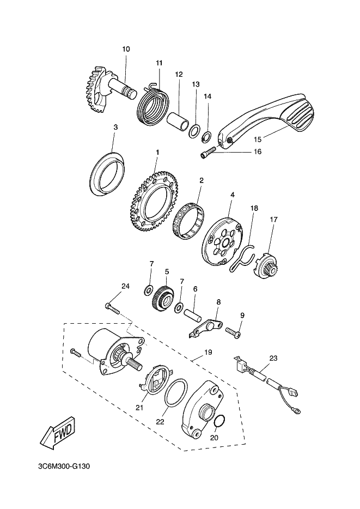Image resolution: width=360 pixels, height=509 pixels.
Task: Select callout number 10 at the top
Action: point(126,50)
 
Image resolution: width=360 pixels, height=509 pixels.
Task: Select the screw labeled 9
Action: point(234,330)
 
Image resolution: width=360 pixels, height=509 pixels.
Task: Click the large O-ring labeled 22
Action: point(175,393)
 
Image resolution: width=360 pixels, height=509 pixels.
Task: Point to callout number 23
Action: point(273,359)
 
